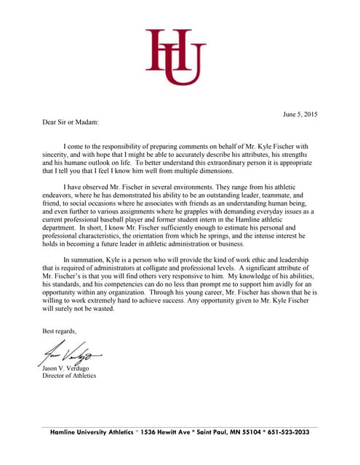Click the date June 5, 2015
click(300, 115)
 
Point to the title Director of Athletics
click(70, 376)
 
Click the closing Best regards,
click(59, 331)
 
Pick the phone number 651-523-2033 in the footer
click(285, 432)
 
